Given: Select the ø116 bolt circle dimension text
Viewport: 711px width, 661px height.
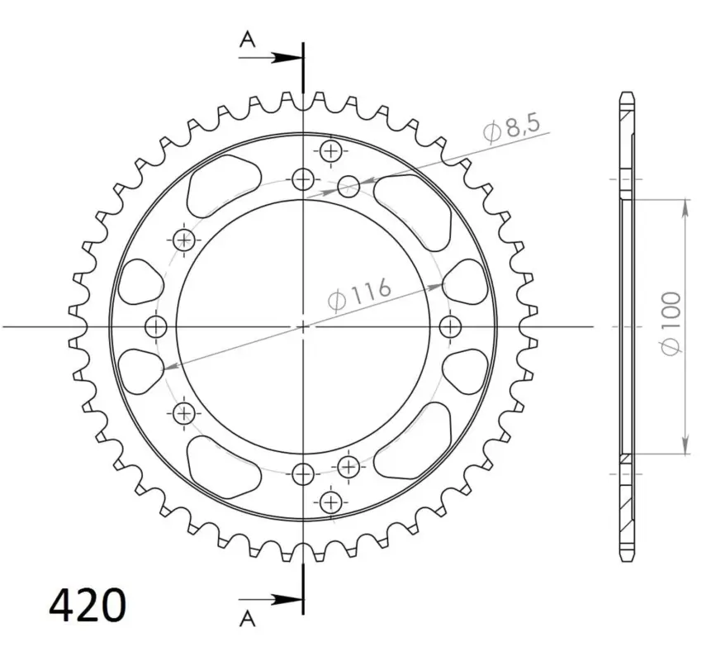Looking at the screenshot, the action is coord(359,295).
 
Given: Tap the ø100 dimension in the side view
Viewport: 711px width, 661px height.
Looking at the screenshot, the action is coord(671,323).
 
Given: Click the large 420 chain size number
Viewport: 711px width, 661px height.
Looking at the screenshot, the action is coord(87,605).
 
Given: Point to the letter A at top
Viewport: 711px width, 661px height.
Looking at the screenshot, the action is coord(248,40).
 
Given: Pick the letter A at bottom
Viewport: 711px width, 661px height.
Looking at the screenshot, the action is coord(248,618).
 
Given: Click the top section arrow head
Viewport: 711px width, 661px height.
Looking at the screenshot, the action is coord(287,58).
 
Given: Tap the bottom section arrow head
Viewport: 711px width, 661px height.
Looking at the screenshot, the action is coord(287,600).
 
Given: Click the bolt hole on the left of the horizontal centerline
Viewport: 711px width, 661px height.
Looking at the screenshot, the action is coord(156,326).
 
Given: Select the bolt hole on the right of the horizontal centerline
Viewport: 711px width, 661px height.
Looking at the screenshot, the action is coord(450,326).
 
